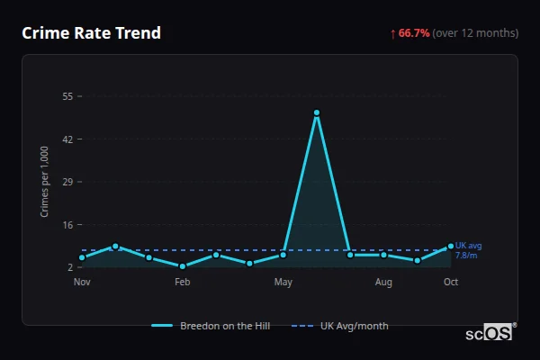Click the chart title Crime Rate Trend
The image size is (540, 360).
tap(91, 33)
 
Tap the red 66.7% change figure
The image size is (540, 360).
tap(414, 33)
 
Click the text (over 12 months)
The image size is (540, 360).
tap(475, 33)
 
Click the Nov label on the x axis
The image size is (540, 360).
tap(82, 283)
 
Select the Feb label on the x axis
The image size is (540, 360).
tap(183, 283)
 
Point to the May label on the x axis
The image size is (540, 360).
tap(283, 283)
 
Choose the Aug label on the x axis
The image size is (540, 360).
tap(383, 283)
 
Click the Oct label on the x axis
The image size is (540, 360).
tap(451, 283)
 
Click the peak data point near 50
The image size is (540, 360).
tap(317, 113)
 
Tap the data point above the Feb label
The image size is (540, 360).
tap(183, 266)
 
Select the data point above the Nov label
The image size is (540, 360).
tap(82, 258)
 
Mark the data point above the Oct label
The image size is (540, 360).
tap(451, 247)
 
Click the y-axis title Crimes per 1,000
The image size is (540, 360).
tap(45, 182)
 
